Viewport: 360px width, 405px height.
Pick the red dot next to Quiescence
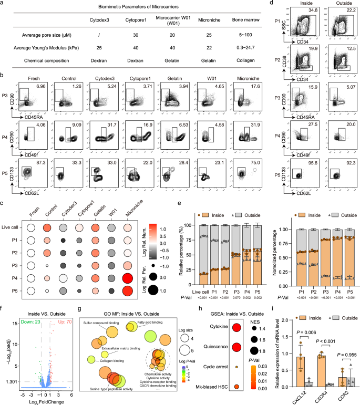point(237,331)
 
